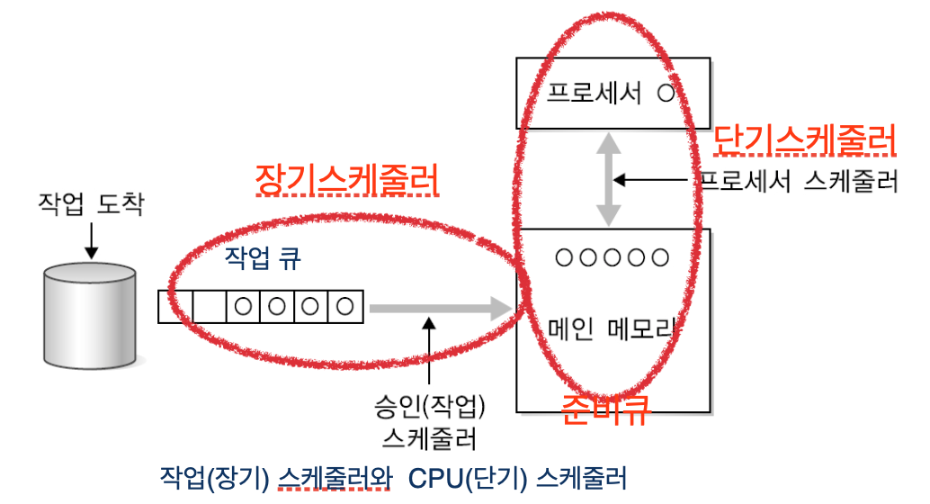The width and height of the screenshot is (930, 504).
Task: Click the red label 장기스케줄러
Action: [x=347, y=179]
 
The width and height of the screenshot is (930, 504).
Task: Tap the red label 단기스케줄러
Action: [x=805, y=140]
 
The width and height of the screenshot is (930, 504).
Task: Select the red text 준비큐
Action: [x=604, y=410]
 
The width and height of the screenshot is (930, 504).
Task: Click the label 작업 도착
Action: [x=90, y=206]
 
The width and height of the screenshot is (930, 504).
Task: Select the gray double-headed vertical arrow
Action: [x=610, y=180]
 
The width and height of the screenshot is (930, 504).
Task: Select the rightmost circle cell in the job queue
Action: [x=345, y=306]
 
